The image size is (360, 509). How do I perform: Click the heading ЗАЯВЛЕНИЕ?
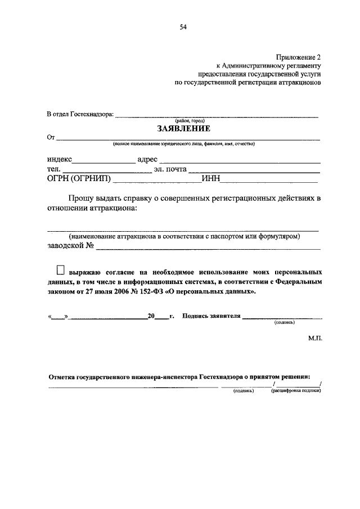[183, 128]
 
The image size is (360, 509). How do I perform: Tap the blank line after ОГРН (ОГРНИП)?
[157, 182]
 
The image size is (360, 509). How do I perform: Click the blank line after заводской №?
[208, 248]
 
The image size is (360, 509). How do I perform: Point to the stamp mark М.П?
[314, 339]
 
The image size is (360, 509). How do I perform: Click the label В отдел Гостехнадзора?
[80, 115]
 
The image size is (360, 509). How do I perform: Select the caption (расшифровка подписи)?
[296, 390]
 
